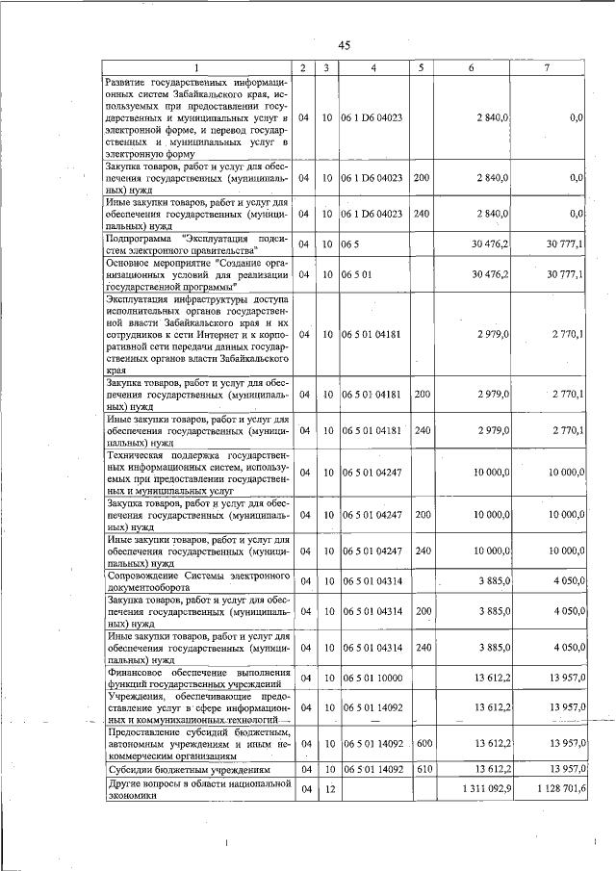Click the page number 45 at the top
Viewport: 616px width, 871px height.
pyautogui.click(x=344, y=43)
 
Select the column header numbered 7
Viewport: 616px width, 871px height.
pyautogui.click(x=546, y=67)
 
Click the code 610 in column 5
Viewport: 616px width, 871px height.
pyautogui.click(x=421, y=770)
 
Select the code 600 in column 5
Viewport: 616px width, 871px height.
pyautogui.click(x=421, y=744)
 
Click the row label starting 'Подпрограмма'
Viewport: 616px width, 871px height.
pyautogui.click(x=198, y=244)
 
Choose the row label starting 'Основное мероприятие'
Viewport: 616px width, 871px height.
pyautogui.click(x=198, y=274)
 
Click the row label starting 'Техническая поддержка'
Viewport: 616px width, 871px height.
pyautogui.click(x=198, y=472)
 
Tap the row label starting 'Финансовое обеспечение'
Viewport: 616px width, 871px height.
pyautogui.click(x=198, y=678)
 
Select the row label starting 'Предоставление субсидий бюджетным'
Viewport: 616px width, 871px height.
pyautogui.click(x=198, y=744)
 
